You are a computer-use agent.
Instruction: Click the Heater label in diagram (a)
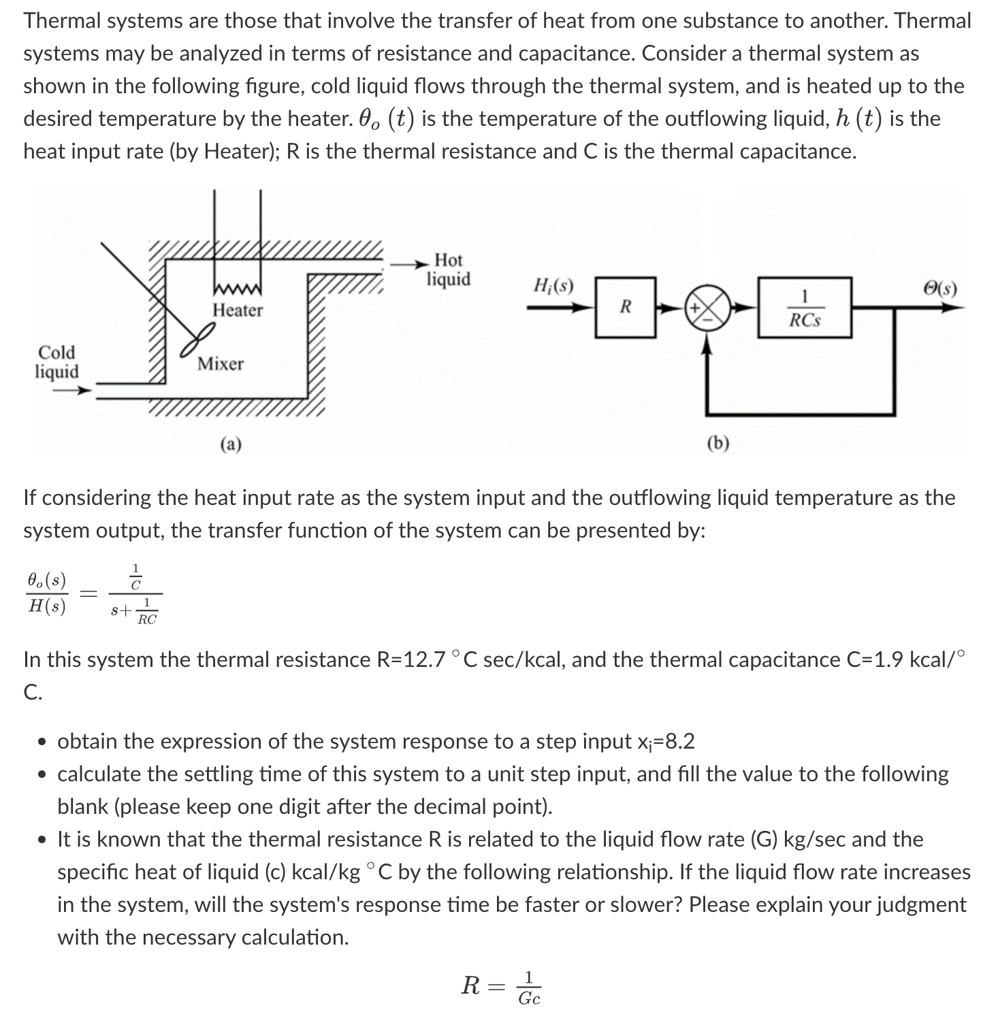(238, 310)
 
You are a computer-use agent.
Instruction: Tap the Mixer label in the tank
(220, 364)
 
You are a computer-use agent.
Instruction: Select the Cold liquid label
(57, 362)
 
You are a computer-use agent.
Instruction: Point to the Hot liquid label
(448, 269)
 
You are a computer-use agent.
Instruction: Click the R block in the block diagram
(625, 307)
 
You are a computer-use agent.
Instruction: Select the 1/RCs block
(805, 308)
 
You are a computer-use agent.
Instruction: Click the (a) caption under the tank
(231, 445)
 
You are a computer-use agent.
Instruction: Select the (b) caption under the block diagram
(718, 444)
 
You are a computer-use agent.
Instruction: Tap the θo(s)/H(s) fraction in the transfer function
(46, 593)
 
